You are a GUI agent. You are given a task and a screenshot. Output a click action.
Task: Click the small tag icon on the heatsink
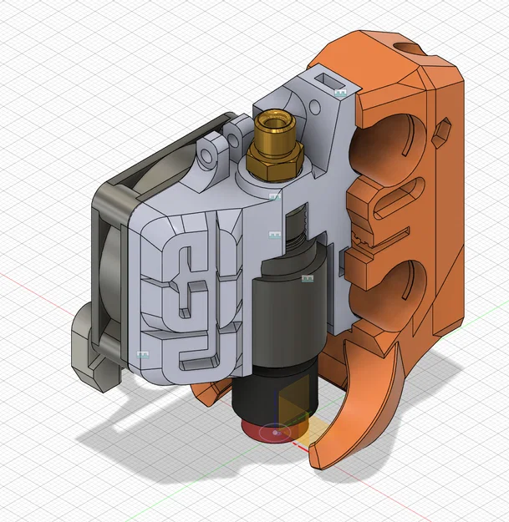306,277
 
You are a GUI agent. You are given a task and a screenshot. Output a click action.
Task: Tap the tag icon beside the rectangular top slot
340,93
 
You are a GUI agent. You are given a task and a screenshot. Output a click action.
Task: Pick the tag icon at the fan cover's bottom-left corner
141,355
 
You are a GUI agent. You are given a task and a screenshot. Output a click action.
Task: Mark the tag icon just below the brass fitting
273,196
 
